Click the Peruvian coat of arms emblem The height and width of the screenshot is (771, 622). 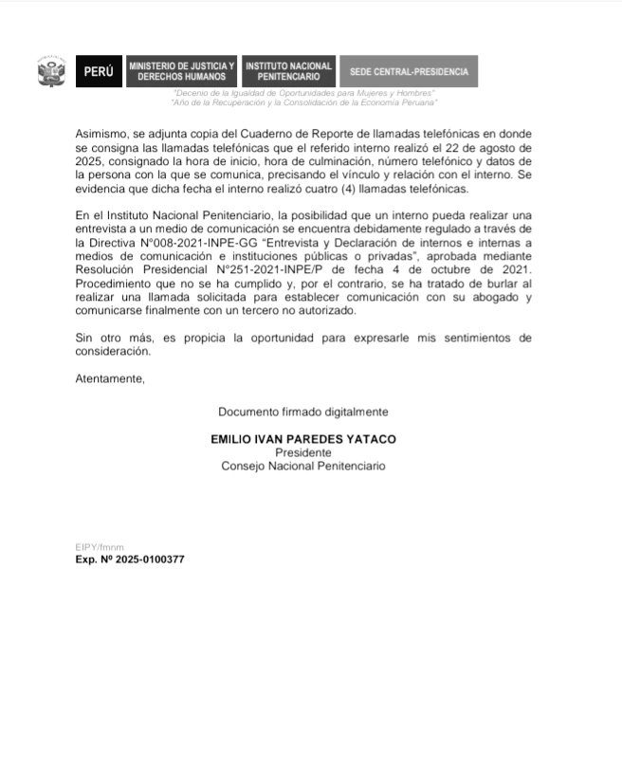pyautogui.click(x=50, y=71)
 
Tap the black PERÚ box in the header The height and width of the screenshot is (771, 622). pyautogui.click(x=99, y=71)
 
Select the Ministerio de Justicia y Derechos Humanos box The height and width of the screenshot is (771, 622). pyautogui.click(x=181, y=71)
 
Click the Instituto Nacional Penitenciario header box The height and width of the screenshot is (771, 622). pyautogui.click(x=288, y=71)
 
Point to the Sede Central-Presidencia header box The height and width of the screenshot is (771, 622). pyautogui.click(x=408, y=71)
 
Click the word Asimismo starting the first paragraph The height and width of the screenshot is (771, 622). pyautogui.click(x=101, y=136)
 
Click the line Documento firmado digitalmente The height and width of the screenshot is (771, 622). pyautogui.click(x=302, y=412)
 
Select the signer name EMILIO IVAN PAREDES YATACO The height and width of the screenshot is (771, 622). pyautogui.click(x=302, y=440)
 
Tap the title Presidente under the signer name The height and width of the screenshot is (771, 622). pyautogui.click(x=302, y=453)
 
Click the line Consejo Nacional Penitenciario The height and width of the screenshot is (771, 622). pyautogui.click(x=302, y=466)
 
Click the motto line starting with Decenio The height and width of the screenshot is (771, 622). pyautogui.click(x=303, y=93)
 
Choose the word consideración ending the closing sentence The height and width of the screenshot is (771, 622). pyautogui.click(x=112, y=350)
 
